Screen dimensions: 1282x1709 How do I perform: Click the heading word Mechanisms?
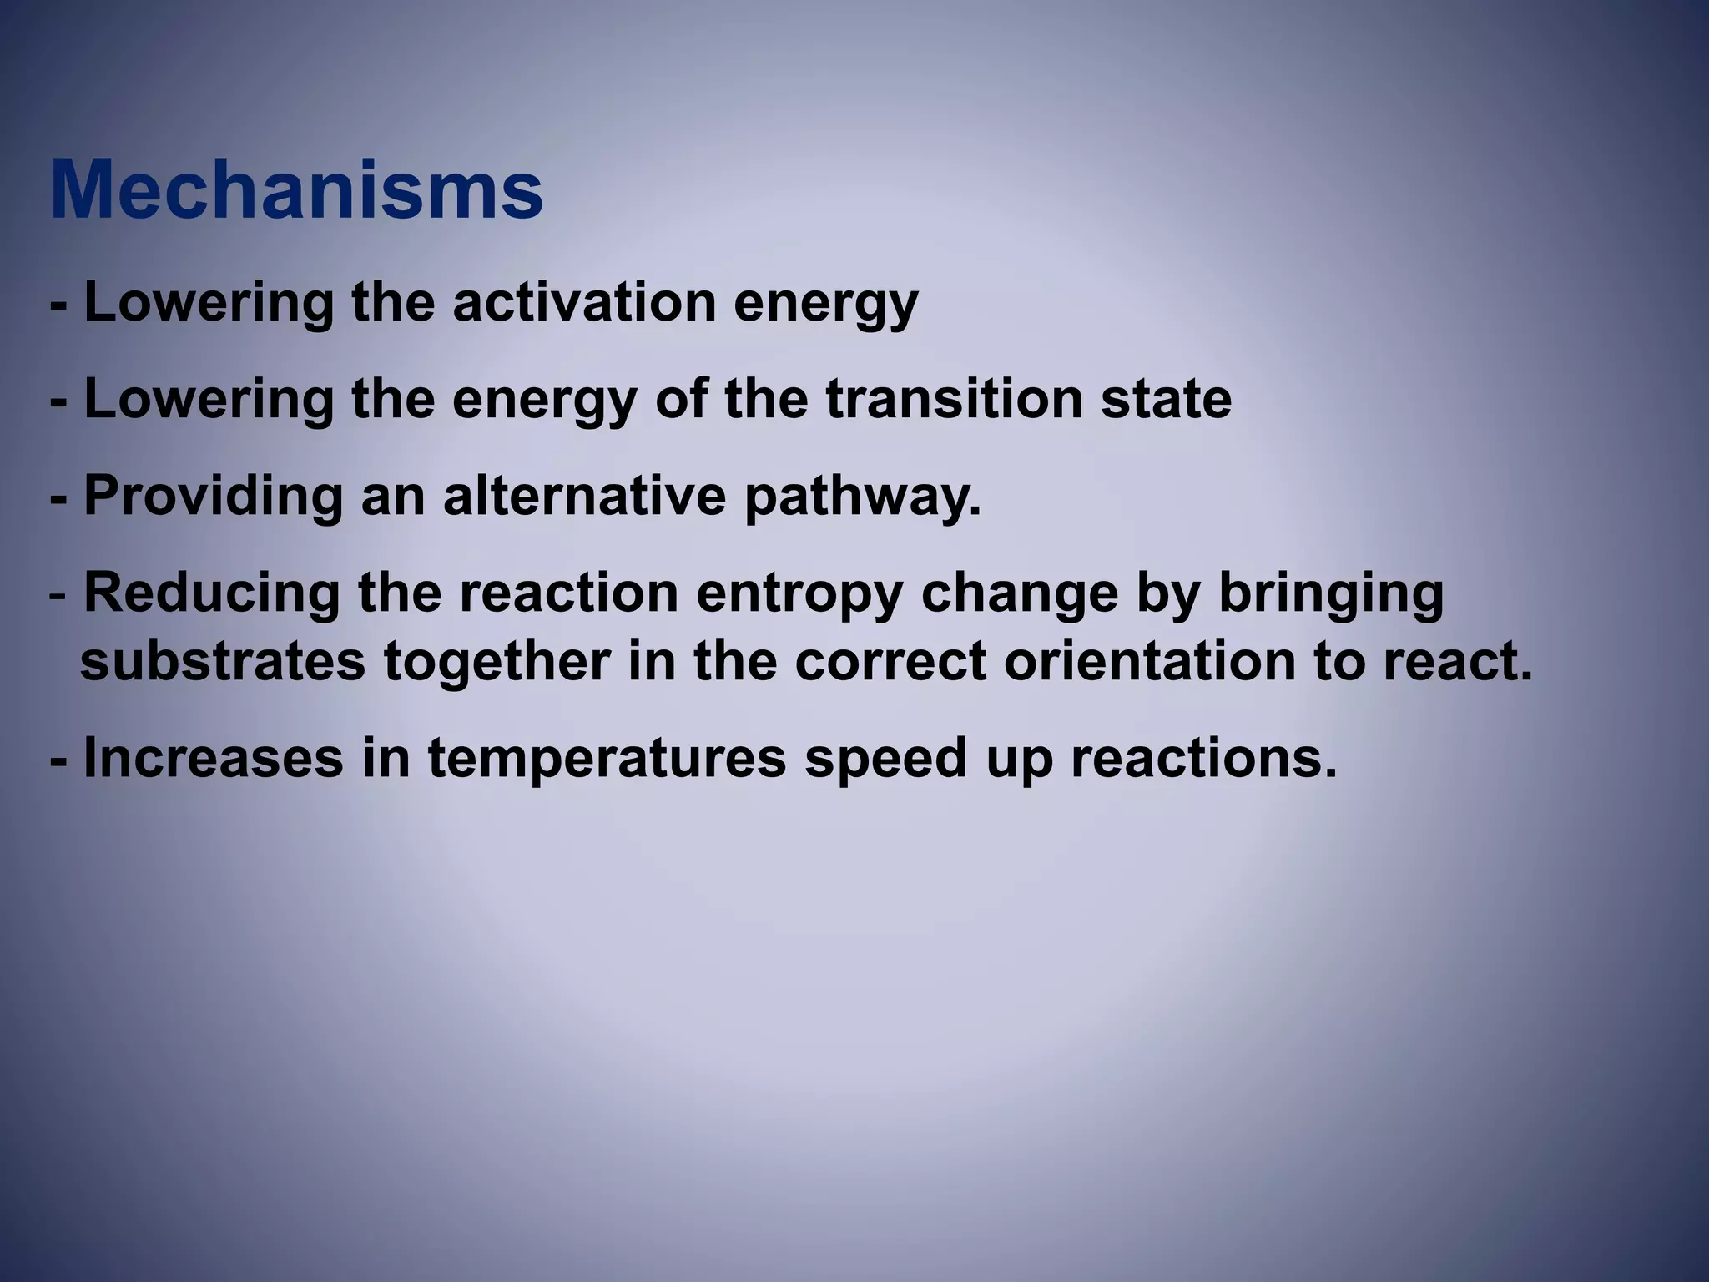coord(296,190)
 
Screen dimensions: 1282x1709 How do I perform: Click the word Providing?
coord(214,496)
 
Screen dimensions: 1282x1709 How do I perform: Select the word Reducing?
coord(212,593)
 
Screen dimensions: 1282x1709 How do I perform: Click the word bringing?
coord(1331,595)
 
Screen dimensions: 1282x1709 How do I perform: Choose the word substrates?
coord(223,662)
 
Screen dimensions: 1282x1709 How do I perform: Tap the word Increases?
coord(214,758)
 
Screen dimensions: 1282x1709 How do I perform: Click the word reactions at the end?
coord(1202,758)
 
